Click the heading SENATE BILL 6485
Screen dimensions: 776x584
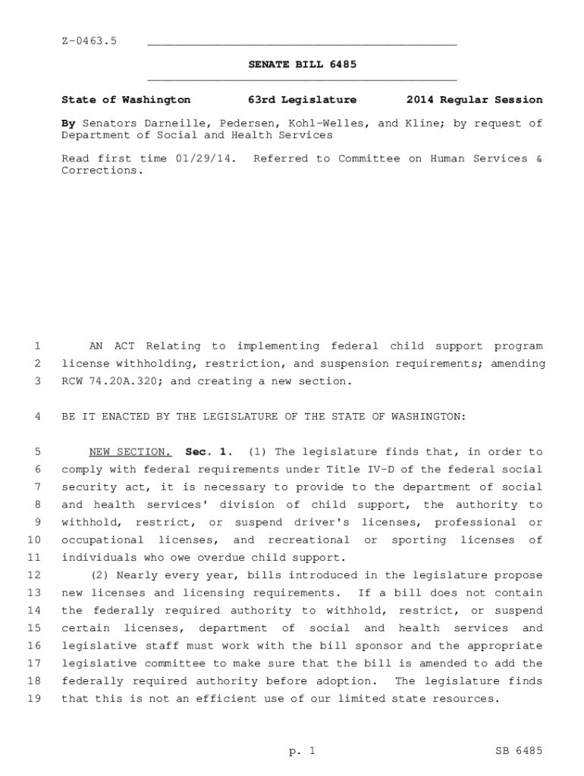(302, 64)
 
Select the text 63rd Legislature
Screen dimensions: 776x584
(302, 100)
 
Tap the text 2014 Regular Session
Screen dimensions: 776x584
(474, 100)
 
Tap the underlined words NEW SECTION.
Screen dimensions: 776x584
(130, 452)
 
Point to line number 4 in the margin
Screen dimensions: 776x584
(37, 417)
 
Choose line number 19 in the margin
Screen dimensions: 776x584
(34, 699)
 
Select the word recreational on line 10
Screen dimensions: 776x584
(309, 540)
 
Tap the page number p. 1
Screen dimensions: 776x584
(301, 751)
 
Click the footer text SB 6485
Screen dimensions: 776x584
(516, 751)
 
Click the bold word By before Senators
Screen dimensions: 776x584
(68, 123)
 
